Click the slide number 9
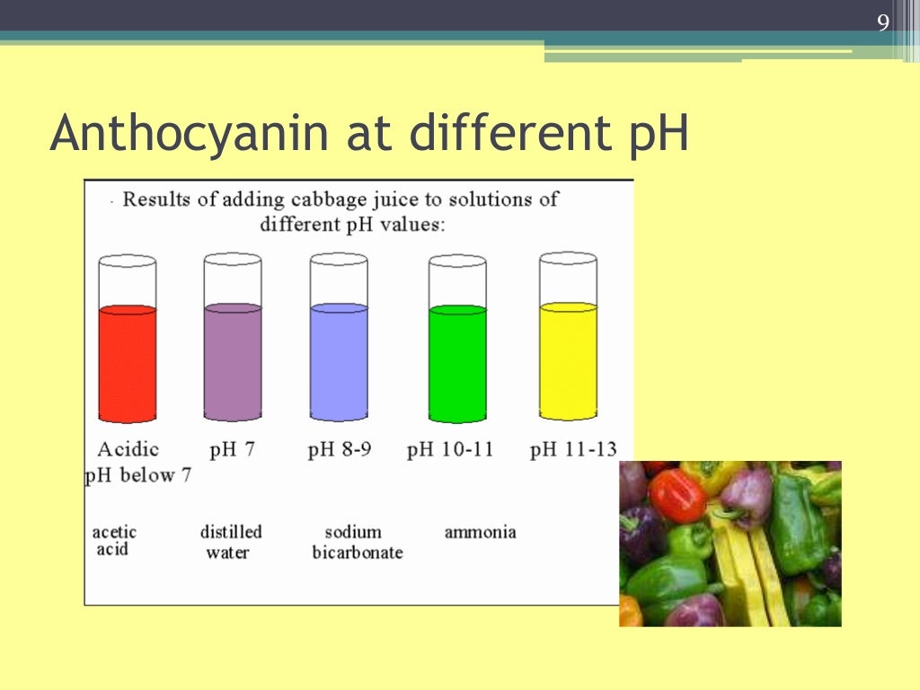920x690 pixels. [883, 23]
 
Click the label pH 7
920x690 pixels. [232, 449]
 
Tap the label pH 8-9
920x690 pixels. [339, 449]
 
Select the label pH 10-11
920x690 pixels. [450, 449]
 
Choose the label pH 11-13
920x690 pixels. [573, 449]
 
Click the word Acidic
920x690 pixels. [128, 449]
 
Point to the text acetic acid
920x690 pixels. [114, 540]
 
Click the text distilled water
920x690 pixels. [230, 542]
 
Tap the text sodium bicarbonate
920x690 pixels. [357, 542]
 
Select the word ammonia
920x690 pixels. [480, 532]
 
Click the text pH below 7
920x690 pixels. [138, 475]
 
